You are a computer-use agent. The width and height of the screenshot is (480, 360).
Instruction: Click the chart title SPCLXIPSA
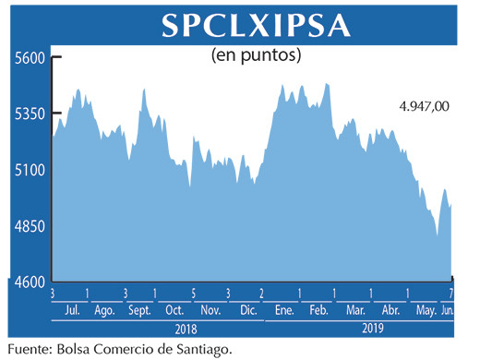point(257,26)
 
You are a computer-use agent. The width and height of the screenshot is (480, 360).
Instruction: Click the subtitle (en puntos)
point(257,56)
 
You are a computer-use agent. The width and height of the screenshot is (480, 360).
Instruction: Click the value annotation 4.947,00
point(424,107)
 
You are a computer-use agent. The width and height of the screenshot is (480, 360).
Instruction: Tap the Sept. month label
point(139,309)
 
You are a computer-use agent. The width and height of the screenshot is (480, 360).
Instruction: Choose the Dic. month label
point(246,309)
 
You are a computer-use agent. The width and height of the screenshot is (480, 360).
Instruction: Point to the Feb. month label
point(319,309)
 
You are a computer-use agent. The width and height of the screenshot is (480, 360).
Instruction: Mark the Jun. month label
point(450,309)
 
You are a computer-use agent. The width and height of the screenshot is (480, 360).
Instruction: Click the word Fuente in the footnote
point(29,348)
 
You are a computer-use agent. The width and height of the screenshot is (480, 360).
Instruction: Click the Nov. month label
point(210,309)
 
